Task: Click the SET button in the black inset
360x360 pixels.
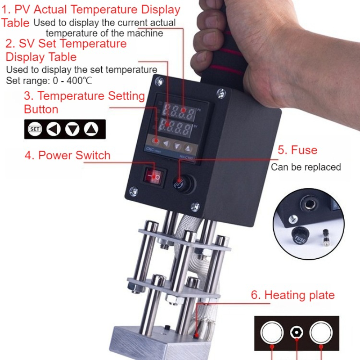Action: pyautogui.click(x=35, y=129)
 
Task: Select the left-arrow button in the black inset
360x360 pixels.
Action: pyautogui.click(x=54, y=129)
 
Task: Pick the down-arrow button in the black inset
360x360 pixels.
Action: pyautogui.click(x=72, y=129)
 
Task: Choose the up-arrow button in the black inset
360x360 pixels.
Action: pyautogui.click(x=91, y=129)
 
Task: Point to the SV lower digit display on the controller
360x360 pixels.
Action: pyautogui.click(x=175, y=127)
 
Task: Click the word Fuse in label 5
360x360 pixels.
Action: pyautogui.click(x=304, y=150)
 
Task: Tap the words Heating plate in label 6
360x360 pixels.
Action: pyautogui.click(x=299, y=295)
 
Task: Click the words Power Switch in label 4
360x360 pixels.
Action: pyautogui.click(x=74, y=155)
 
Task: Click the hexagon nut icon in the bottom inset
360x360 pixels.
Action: pyautogui.click(x=297, y=333)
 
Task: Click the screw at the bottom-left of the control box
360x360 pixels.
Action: pyautogui.click(x=134, y=191)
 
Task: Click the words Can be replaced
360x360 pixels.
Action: pyautogui.click(x=306, y=167)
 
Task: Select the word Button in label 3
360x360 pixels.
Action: pyautogui.click(x=41, y=109)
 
